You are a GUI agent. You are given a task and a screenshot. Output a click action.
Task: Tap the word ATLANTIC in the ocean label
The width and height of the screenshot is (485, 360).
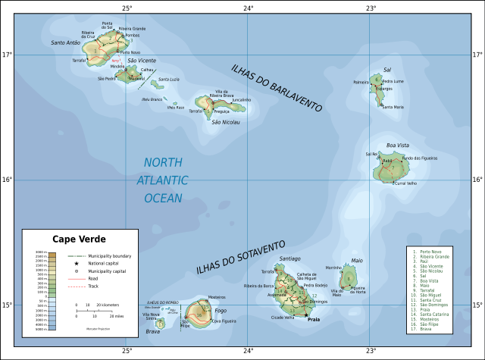point(163,180)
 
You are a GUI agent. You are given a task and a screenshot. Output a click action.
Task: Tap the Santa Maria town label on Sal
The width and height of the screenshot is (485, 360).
point(393,107)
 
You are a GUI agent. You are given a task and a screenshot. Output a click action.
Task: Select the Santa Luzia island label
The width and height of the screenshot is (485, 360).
point(168,80)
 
